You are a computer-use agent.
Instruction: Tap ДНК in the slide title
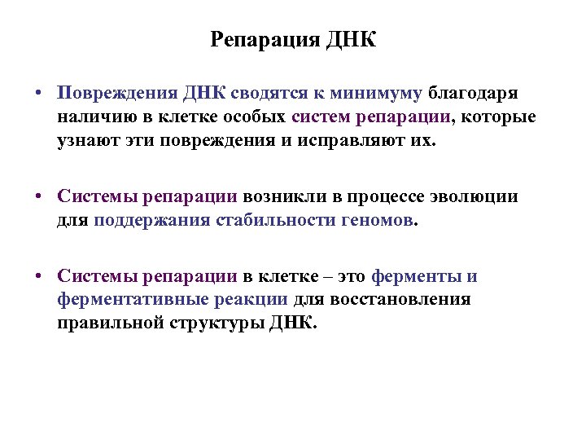click(352, 40)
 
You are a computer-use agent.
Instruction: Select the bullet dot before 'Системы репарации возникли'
click(38, 196)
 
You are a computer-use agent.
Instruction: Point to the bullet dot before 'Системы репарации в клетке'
click(38, 276)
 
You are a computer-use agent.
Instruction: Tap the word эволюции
click(479, 196)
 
